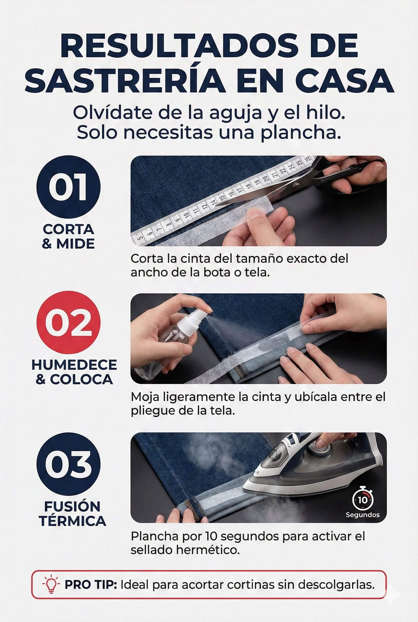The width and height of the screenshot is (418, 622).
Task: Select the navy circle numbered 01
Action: pyautogui.click(x=68, y=187)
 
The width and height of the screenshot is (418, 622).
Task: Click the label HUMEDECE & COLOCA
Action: pyautogui.click(x=74, y=372)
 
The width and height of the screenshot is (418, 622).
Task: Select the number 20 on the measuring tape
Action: pyautogui.click(x=265, y=179)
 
